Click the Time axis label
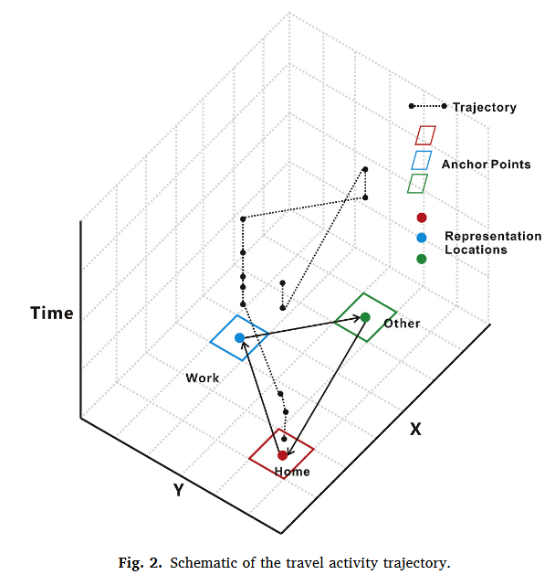(51, 314)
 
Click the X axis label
(415, 428)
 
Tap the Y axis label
(179, 490)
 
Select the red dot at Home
(283, 454)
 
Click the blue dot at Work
(239, 338)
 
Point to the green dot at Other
(365, 317)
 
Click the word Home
(292, 472)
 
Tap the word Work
(202, 378)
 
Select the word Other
(402, 324)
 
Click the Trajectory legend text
(484, 108)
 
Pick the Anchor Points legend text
(486, 165)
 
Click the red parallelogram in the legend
(424, 135)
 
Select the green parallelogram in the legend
(418, 184)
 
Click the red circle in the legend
(421, 218)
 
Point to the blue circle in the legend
(421, 238)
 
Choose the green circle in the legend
(421, 259)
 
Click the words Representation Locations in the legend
(492, 242)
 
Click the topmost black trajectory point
(365, 169)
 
